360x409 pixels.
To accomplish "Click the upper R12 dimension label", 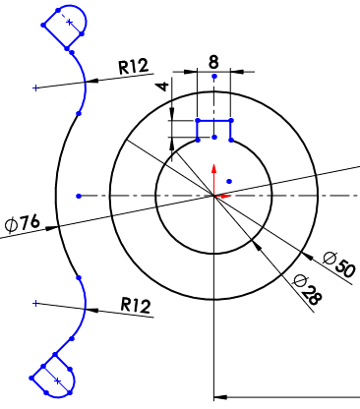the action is [x=134, y=66].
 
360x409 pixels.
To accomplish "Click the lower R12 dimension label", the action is [x=136, y=305].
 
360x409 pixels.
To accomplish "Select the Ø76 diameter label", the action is [x=23, y=223].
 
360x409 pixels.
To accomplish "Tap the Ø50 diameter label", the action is [x=339, y=264].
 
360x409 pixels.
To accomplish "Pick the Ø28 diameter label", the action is [x=308, y=290].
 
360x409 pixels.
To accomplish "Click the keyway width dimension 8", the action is [x=213, y=62].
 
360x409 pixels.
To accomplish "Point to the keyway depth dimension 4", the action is [x=163, y=87].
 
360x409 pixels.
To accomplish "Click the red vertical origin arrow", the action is [x=214, y=180].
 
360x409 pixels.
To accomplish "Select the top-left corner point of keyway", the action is [x=198, y=121].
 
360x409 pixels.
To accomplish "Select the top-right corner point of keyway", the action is [x=231, y=121].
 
